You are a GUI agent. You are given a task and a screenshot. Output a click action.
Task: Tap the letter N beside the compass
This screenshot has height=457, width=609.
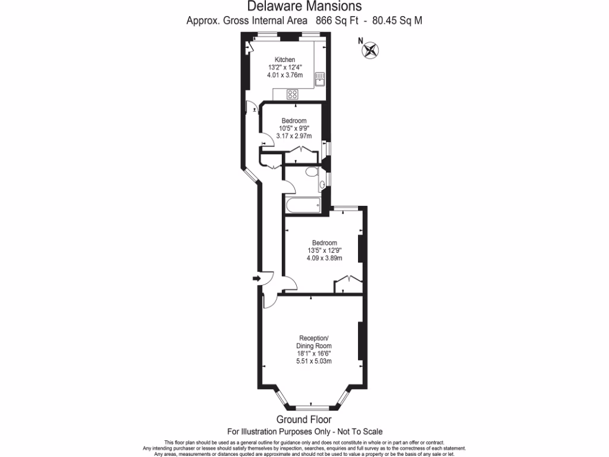(360, 41)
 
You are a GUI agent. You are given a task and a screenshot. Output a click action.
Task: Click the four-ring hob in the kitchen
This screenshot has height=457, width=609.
(293, 93)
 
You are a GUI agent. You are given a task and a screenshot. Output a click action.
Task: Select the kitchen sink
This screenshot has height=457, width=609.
(319, 78)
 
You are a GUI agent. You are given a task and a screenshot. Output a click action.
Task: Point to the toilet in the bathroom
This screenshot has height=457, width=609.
(311, 172)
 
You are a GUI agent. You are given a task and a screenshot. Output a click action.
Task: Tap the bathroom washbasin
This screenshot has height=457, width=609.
(322, 185)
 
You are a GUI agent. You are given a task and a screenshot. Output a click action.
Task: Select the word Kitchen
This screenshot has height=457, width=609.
(284, 60)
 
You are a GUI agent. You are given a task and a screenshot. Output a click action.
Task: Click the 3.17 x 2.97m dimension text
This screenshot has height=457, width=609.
(294, 136)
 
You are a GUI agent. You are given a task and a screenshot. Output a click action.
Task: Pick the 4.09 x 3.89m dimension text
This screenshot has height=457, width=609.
(325, 258)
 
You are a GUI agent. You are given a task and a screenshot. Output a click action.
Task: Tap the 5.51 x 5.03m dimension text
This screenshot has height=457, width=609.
(313, 361)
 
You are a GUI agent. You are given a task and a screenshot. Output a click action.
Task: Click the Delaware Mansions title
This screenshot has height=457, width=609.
(304, 7)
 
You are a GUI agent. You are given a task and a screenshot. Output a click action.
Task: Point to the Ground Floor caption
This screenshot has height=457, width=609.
(304, 419)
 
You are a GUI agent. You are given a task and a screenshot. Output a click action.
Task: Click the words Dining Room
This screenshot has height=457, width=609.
(313, 346)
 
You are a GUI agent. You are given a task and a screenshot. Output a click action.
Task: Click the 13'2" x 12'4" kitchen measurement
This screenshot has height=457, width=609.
(284, 67)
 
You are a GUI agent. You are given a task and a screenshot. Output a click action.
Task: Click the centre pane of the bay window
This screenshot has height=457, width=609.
(312, 407)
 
